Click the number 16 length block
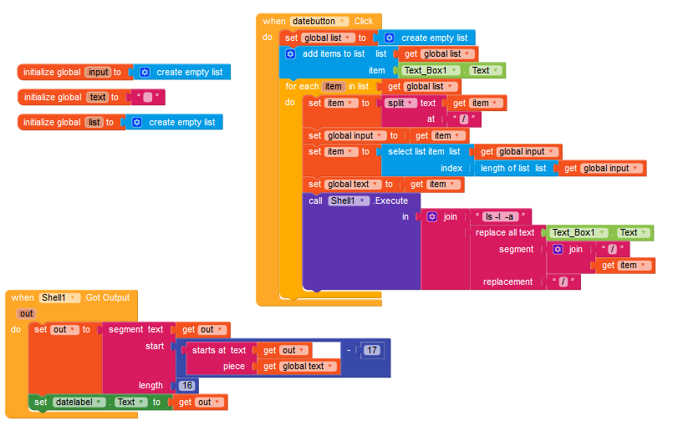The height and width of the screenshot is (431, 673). tap(187, 385)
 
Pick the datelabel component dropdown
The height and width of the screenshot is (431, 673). tap(82, 402)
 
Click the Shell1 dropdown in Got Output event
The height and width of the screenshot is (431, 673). tap(59, 297)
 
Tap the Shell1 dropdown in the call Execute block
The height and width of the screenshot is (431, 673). tap(347, 200)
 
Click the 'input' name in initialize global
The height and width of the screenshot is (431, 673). tap(97, 72)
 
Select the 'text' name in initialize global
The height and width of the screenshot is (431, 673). tap(98, 97)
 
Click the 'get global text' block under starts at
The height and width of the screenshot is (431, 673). tap(298, 366)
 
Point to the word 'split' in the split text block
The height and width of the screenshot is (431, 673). tap(395, 103)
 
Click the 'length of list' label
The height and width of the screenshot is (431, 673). tap(506, 168)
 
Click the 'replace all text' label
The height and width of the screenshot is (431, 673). tap(504, 232)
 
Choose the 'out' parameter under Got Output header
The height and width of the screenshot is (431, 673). tap(26, 313)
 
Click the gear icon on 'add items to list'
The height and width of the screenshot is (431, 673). tap(290, 53)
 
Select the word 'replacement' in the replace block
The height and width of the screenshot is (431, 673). tap(507, 281)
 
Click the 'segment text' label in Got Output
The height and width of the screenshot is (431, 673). tap(135, 329)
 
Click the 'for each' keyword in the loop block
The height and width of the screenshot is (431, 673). tap(302, 86)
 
